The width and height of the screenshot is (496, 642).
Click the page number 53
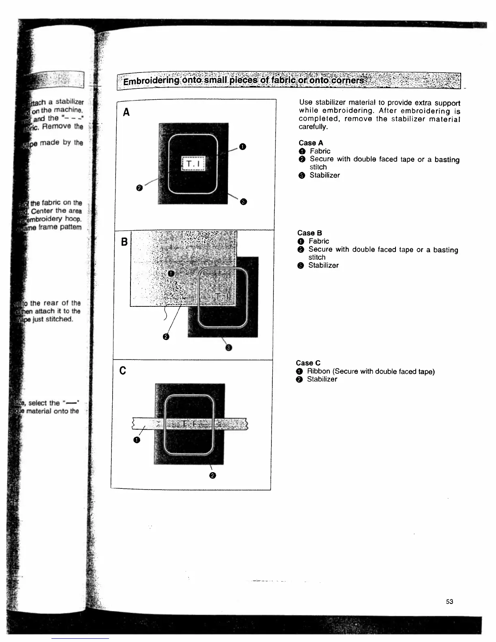(x=449, y=601)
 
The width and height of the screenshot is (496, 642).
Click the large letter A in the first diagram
(x=126, y=112)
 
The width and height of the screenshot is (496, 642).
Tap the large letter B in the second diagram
(x=124, y=242)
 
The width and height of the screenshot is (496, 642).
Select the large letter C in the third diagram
(x=123, y=370)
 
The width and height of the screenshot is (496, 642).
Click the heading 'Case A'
(x=311, y=143)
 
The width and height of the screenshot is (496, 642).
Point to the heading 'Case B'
(x=310, y=233)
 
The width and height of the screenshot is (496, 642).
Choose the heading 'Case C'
(x=308, y=363)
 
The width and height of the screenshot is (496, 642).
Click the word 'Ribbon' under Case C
(x=319, y=371)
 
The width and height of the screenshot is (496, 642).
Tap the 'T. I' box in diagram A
(x=193, y=164)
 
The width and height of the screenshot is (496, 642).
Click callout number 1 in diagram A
(x=242, y=147)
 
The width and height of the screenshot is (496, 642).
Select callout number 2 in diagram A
(x=139, y=188)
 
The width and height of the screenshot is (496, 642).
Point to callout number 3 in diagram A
(x=243, y=202)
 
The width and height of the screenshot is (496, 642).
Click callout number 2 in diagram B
(x=166, y=337)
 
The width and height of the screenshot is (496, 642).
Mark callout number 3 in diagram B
(x=229, y=348)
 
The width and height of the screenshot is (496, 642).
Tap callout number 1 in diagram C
(x=137, y=440)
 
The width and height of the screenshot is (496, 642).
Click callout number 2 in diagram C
(x=213, y=475)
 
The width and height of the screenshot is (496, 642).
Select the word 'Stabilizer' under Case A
(x=325, y=175)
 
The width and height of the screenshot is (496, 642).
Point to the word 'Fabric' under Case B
(x=319, y=241)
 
